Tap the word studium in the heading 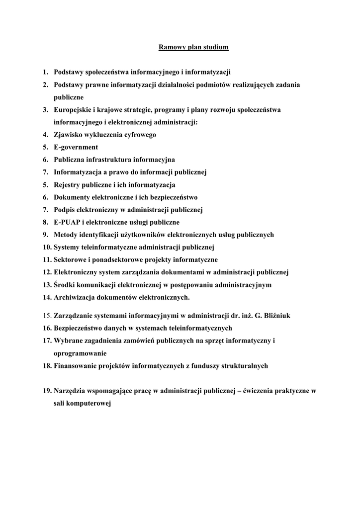click(x=216, y=48)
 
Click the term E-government click(x=76, y=147)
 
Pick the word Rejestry click(x=68, y=185)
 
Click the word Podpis click(x=65, y=210)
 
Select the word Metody click(x=66, y=235)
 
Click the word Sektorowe click(x=71, y=259)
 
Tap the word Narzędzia click(x=72, y=391)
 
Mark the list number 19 click(x=47, y=391)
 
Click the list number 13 click(x=47, y=285)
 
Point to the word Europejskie click(x=74, y=110)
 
